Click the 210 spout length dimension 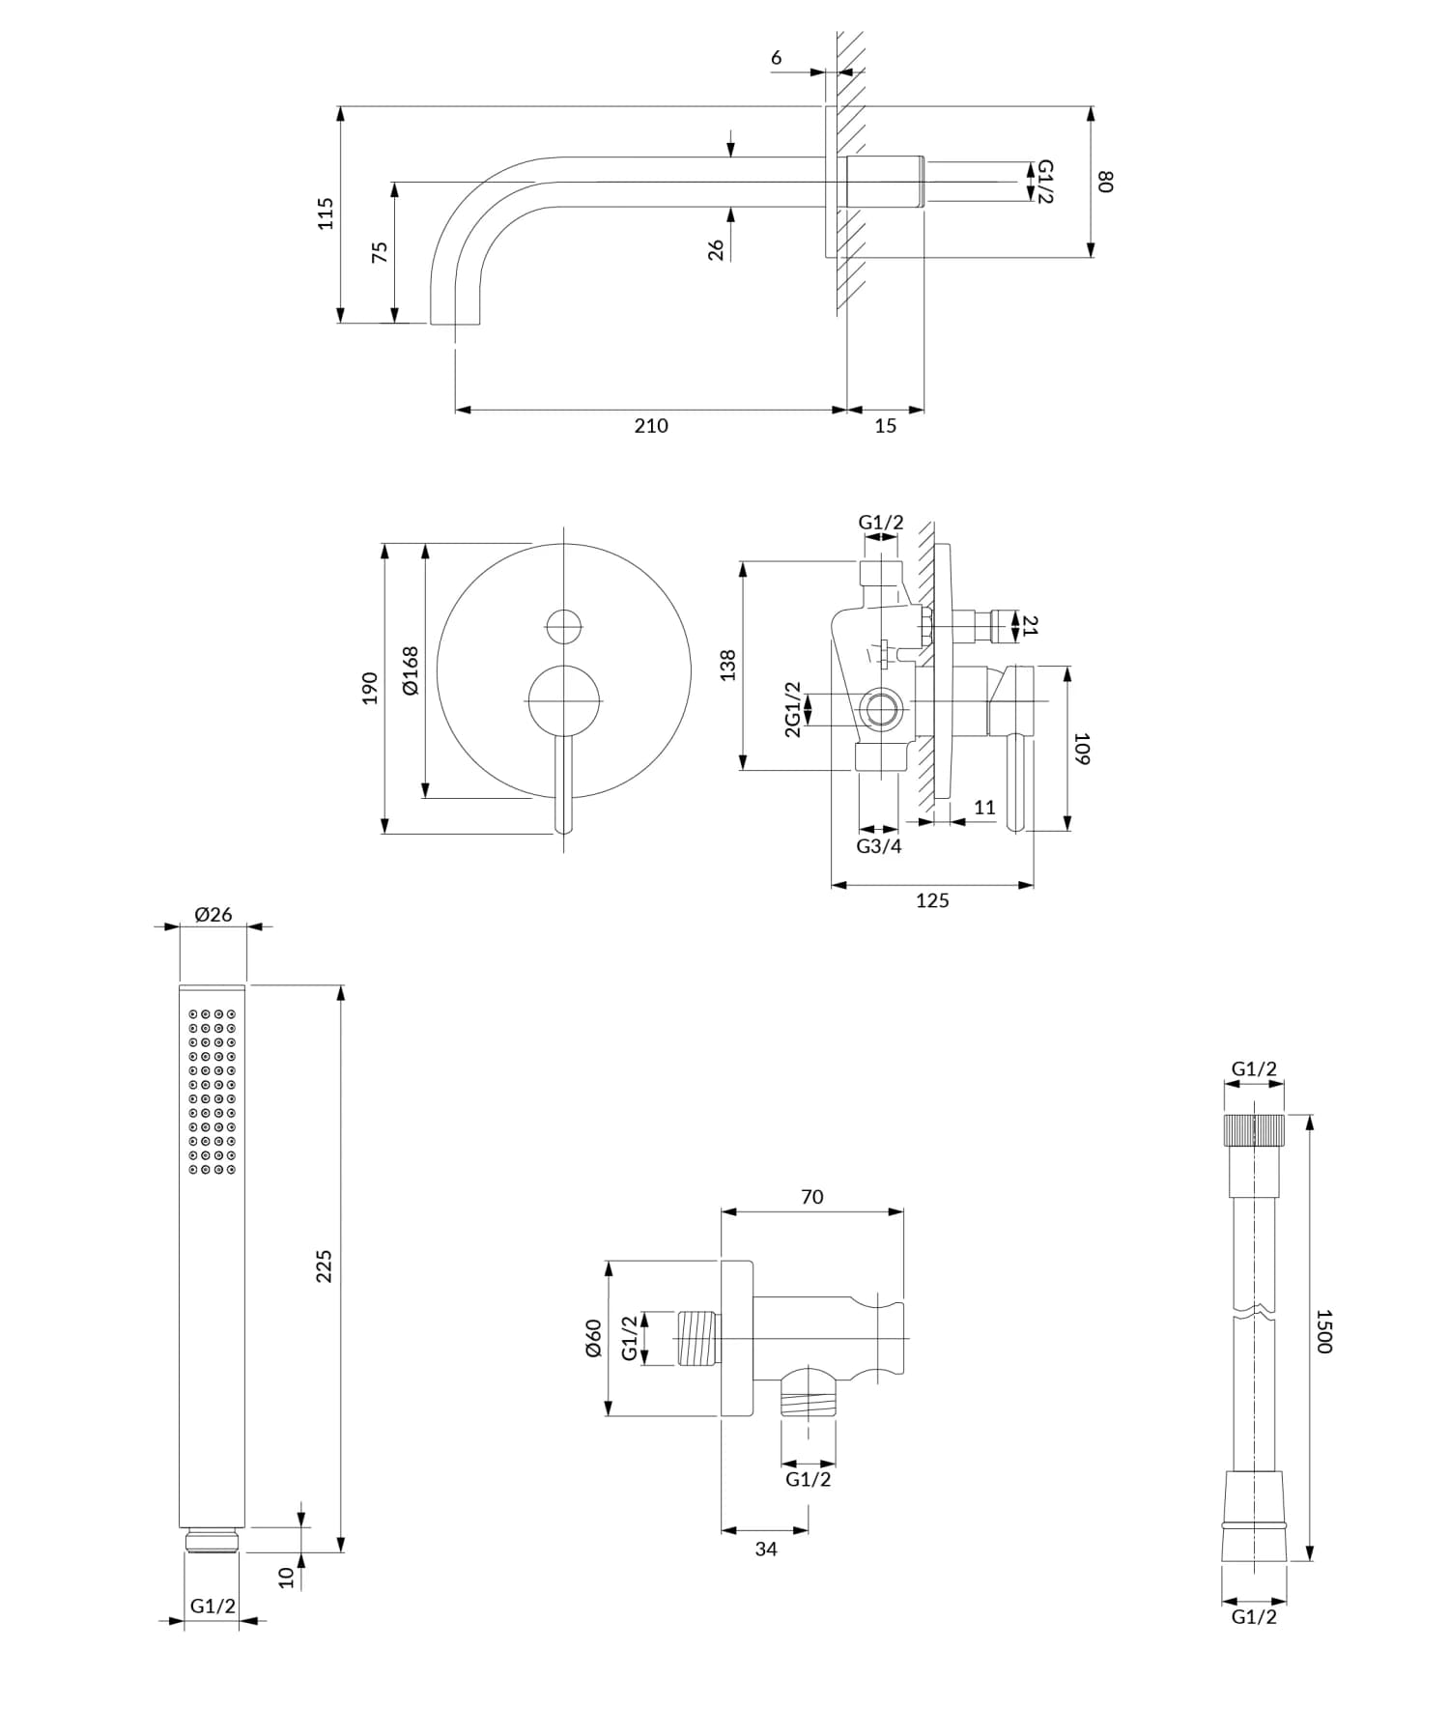coord(650,426)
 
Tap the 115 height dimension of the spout coord(326,213)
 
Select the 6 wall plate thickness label coord(777,58)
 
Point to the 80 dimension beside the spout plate coord(1106,181)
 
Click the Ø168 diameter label coord(410,670)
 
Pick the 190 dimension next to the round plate coord(370,688)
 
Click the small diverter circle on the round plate coord(564,627)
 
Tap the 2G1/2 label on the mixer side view coord(792,709)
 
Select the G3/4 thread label coord(879,846)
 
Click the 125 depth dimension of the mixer coord(932,900)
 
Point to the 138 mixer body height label coord(728,665)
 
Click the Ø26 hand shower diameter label coord(213,914)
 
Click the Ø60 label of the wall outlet coord(593,1337)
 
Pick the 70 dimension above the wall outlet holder coord(812,1197)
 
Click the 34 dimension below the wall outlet coord(766,1549)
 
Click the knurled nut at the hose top coord(1254,1129)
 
